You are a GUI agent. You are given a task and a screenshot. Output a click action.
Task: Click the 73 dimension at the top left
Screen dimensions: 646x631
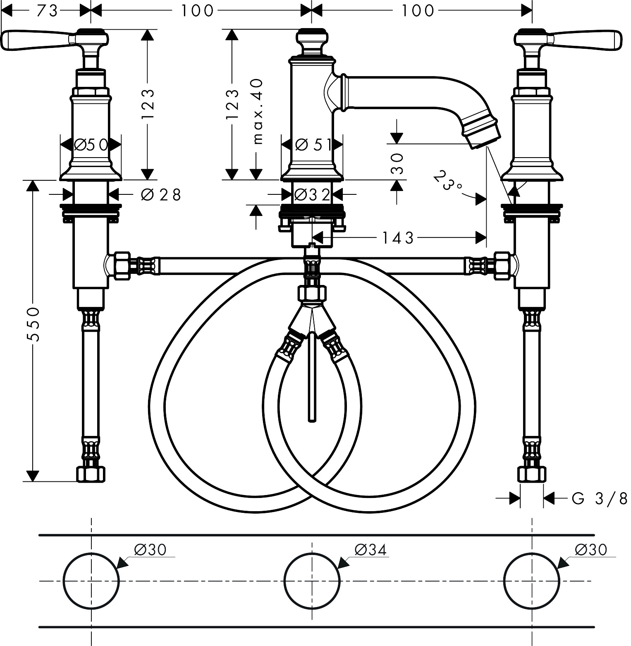coord(47,11)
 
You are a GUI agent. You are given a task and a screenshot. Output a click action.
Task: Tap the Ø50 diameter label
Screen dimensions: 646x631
coord(91,145)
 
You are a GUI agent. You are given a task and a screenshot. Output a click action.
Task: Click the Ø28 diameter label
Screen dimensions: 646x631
coord(161,195)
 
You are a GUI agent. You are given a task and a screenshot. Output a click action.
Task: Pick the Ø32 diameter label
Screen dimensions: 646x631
coord(313,194)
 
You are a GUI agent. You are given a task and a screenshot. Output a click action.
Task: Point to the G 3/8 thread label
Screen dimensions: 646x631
coord(599,498)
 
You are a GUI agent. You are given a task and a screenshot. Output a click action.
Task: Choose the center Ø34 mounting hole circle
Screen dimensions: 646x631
coord(312,581)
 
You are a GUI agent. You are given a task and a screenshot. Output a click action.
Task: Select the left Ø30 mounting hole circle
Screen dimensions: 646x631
coord(91,581)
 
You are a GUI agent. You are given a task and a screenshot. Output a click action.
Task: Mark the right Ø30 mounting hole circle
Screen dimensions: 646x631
coord(532,581)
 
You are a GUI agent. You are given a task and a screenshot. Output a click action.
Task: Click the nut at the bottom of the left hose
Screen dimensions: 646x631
coord(91,474)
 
